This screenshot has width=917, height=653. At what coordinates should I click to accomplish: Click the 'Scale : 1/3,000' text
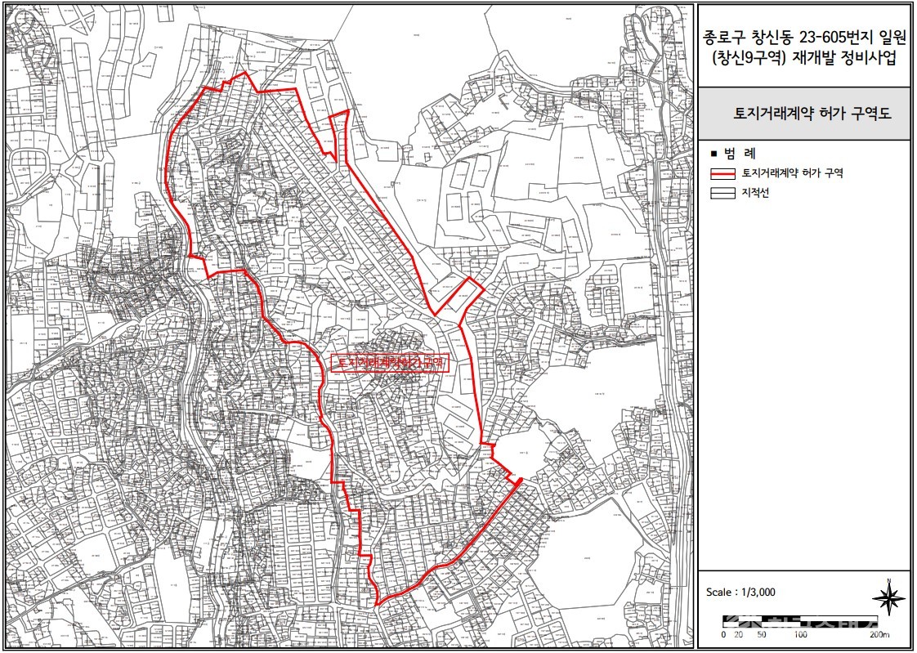point(740,593)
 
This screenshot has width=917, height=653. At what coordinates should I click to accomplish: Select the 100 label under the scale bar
point(801,634)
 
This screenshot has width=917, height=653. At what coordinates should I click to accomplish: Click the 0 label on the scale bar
point(723,634)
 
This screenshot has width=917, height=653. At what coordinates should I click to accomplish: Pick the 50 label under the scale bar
point(762,634)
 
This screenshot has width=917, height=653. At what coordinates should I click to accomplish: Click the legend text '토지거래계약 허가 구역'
point(792,173)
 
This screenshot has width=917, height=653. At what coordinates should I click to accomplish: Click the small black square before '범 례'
point(713,154)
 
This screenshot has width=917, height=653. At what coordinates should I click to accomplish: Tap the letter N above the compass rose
point(888,581)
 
